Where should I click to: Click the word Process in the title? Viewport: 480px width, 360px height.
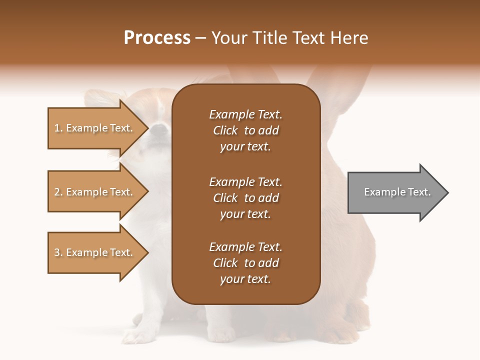157,38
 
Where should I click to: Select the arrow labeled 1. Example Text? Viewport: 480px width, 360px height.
95,128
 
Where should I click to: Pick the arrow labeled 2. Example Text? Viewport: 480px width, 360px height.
95,192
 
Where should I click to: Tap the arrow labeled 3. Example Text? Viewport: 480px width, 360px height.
95,253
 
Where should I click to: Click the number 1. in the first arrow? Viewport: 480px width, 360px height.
58,128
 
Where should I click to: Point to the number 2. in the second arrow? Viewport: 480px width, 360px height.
58,192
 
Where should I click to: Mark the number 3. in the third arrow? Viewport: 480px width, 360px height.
58,253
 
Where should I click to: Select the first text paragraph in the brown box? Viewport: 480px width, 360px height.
245,130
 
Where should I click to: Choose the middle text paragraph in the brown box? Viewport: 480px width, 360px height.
245,198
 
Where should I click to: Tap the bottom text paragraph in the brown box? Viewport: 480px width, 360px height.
245,263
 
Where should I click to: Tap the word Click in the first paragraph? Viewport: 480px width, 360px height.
225,130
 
